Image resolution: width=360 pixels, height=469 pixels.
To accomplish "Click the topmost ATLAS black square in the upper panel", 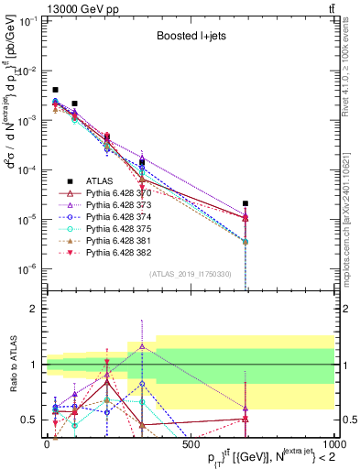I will (55, 90).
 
